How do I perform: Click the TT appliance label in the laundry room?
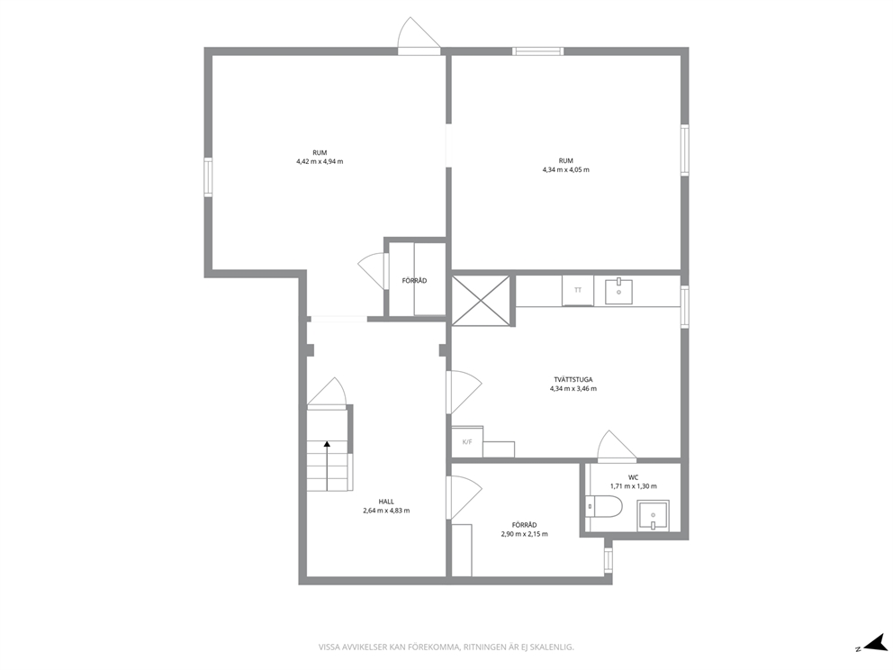point(578,290)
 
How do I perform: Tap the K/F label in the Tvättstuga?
point(467,442)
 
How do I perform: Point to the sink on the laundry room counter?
point(618,291)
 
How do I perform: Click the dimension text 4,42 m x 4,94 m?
point(320,161)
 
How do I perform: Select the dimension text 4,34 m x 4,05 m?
point(565,169)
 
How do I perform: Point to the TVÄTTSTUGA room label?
point(573,379)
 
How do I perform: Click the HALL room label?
point(386,502)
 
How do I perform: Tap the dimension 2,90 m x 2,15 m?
point(524,534)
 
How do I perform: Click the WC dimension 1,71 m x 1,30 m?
point(633,486)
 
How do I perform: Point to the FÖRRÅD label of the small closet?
point(414,281)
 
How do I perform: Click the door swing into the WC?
point(616,446)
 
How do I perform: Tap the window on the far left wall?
point(208,177)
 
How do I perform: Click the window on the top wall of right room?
point(537,51)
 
